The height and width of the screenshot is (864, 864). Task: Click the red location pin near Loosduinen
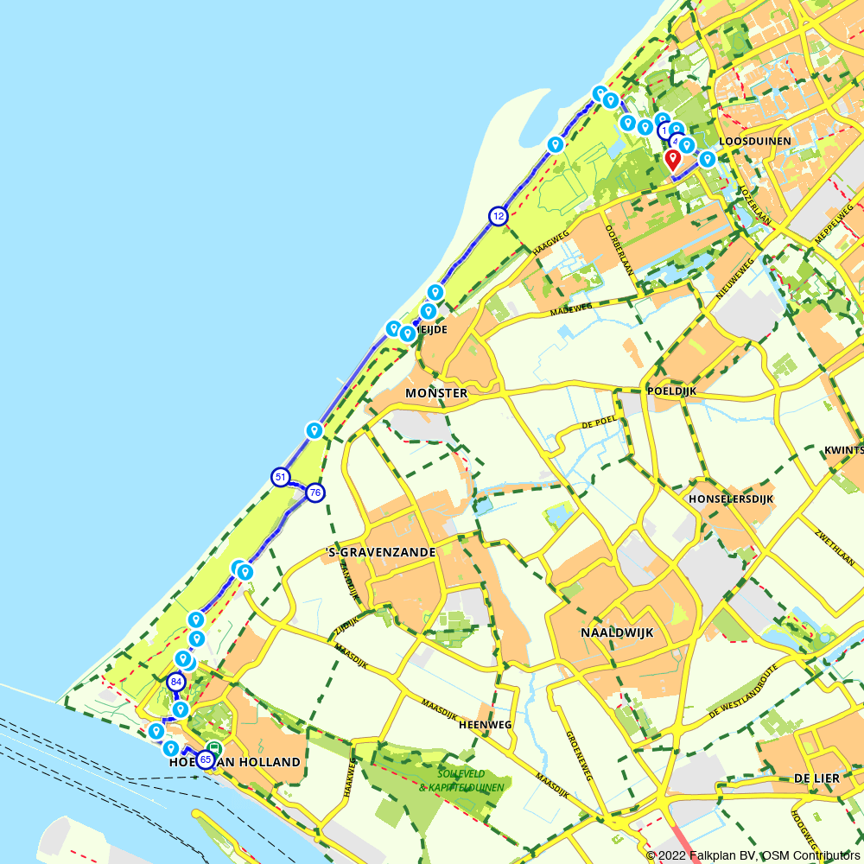pyautogui.click(x=672, y=159)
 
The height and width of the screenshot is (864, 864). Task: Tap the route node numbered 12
pyautogui.click(x=498, y=216)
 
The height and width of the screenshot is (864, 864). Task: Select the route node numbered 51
pyautogui.click(x=280, y=477)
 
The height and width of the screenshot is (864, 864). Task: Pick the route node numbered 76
pyautogui.click(x=314, y=492)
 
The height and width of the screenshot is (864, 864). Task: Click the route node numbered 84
pyautogui.click(x=176, y=682)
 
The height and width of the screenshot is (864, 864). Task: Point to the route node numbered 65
pyautogui.click(x=206, y=759)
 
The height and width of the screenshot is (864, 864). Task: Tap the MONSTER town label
pyautogui.click(x=436, y=393)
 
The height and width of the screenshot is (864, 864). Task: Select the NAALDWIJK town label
pyautogui.click(x=617, y=632)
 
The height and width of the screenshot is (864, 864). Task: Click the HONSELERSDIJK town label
pyautogui.click(x=731, y=499)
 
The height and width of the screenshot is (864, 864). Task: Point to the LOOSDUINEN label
pyautogui.click(x=754, y=140)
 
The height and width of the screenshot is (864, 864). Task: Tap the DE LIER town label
pyautogui.click(x=816, y=778)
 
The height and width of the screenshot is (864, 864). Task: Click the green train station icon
pyautogui.click(x=213, y=748)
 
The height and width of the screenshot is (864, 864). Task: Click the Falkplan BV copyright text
pyautogui.click(x=753, y=855)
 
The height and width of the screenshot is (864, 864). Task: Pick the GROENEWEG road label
pyautogui.click(x=580, y=756)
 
